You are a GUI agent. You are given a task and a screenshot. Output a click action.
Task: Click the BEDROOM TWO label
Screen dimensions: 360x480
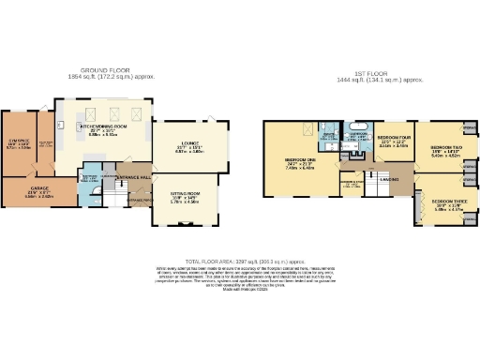[443, 147]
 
